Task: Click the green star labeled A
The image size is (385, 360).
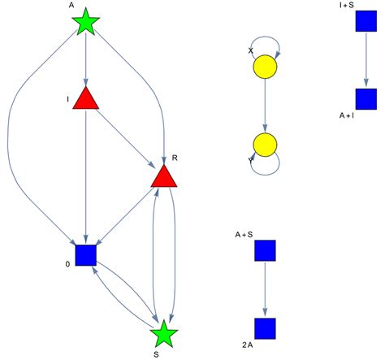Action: pos(85,23)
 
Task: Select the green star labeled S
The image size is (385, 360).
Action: pos(164,332)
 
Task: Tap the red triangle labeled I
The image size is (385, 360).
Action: pos(85,99)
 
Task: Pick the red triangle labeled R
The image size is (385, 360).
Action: pos(164,176)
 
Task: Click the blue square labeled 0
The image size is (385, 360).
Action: pos(85,255)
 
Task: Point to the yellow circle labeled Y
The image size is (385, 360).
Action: pos(266,146)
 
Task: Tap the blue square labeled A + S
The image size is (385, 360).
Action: pos(266,250)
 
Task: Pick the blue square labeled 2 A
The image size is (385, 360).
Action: pos(266,328)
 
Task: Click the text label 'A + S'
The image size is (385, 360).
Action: pos(244,235)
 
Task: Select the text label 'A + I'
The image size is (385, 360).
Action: pos(348,115)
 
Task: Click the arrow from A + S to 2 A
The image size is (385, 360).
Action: pos(266,289)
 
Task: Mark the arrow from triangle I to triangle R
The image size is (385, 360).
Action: pos(123,136)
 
